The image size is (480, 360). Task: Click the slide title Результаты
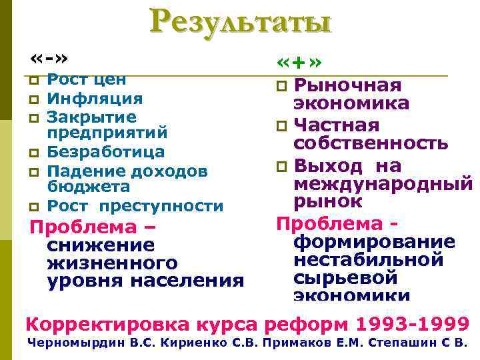tap(240, 23)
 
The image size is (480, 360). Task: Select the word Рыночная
tap(347, 85)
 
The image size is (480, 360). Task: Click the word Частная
tap(336, 125)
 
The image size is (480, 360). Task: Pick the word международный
tap(383, 183)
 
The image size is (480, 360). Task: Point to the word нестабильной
tap(368, 259)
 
